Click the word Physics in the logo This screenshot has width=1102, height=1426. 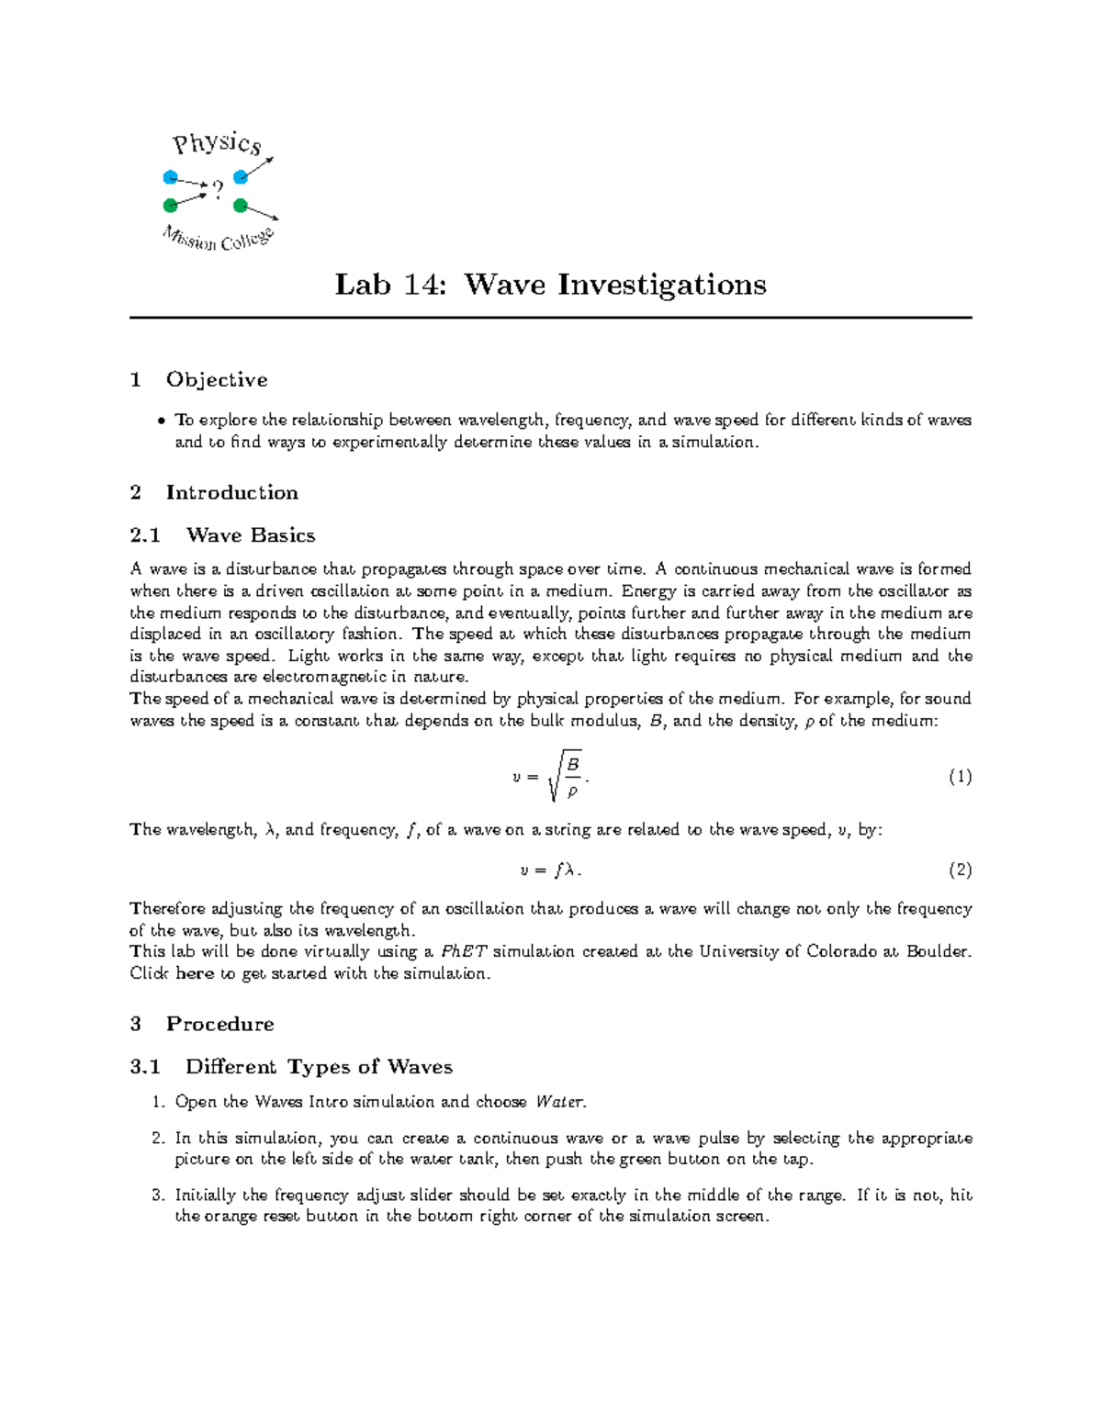tap(218, 143)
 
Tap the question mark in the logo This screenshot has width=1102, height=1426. tap(218, 190)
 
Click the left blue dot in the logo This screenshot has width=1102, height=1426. tap(170, 177)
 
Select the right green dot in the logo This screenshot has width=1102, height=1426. tap(241, 205)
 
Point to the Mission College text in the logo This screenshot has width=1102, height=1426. tap(218, 239)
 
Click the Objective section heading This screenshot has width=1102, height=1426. tap(217, 380)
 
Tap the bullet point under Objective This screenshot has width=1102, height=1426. tap(161, 421)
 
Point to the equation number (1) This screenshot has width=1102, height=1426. tap(960, 777)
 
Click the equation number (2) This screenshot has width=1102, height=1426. tap(960, 870)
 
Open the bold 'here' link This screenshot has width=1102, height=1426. tap(195, 973)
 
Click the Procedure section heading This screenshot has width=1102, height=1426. tap(219, 1024)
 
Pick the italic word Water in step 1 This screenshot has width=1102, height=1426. tap(560, 1101)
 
